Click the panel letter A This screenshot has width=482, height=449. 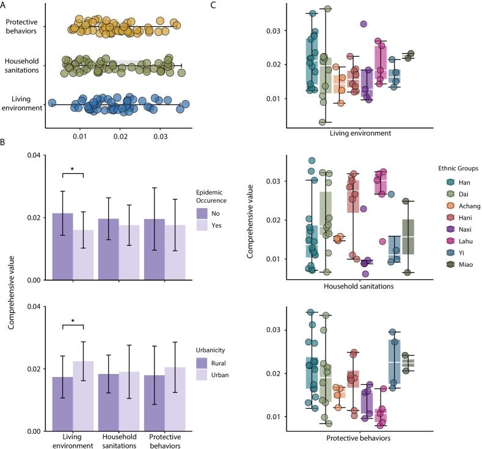tap(4, 5)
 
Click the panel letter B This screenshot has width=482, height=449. tap(4, 142)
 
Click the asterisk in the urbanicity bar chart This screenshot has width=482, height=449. tap(72, 321)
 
